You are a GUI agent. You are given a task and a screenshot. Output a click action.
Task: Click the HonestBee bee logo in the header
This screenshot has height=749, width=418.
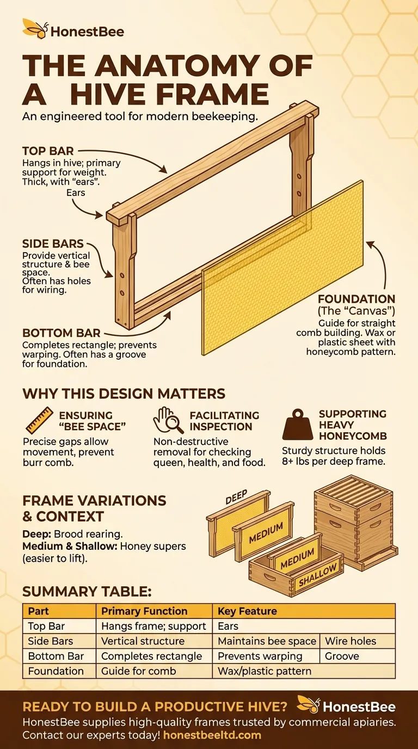[36, 29]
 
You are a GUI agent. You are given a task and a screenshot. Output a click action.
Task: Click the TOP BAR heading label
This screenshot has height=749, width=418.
[48, 151]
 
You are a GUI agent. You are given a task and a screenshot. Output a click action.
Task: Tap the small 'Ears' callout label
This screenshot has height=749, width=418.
[76, 193]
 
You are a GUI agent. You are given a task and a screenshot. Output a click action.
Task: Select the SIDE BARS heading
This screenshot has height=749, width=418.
[53, 243]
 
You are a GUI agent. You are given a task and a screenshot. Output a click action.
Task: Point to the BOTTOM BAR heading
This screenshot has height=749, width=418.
[61, 333]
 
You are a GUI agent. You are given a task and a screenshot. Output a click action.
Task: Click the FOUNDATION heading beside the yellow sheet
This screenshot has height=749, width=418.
[356, 299]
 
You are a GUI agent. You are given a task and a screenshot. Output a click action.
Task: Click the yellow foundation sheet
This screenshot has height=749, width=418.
[283, 267]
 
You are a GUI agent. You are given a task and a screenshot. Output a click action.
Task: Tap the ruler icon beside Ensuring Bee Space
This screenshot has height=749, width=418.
[39, 420]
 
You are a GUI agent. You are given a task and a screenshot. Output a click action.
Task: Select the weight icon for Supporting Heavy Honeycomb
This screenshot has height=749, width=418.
[298, 424]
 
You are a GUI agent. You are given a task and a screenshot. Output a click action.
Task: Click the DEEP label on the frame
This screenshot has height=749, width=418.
[236, 497]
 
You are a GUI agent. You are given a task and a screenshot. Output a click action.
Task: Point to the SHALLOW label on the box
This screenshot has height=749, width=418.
[318, 575]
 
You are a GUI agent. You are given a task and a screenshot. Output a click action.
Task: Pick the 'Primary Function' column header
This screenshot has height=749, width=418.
[144, 611]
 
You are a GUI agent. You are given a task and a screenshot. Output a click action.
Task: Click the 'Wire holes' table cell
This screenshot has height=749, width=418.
[351, 641]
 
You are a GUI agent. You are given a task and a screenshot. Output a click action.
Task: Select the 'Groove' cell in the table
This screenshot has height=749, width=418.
[342, 656]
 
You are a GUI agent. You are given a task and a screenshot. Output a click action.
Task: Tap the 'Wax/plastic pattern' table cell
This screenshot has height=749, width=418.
[265, 671]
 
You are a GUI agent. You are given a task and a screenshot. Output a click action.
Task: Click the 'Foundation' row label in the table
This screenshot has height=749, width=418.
[56, 671]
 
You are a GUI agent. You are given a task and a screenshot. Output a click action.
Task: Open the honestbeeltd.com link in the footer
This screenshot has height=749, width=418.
[212, 735]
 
